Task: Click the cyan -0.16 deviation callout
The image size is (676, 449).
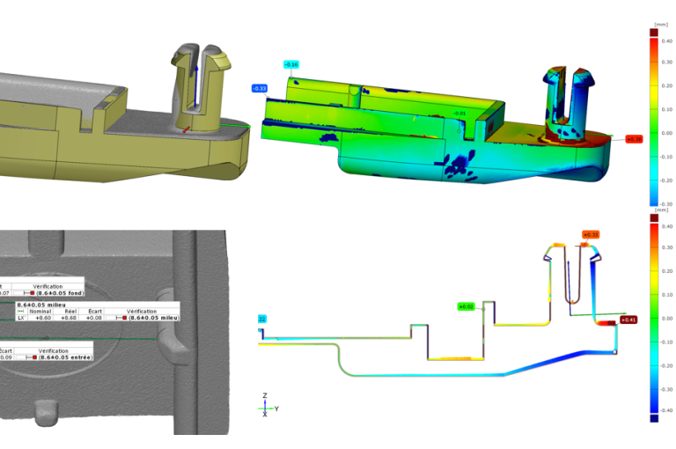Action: click(x=291, y=64)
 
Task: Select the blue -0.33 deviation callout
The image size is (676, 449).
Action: click(x=260, y=89)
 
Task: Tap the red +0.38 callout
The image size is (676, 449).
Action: click(x=634, y=139)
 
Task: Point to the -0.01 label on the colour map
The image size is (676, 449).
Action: click(x=459, y=114)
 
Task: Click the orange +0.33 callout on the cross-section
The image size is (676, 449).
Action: click(x=590, y=235)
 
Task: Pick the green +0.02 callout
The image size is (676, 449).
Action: click(x=466, y=306)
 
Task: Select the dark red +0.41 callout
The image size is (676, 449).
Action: click(x=628, y=320)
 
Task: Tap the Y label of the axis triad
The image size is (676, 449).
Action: click(x=277, y=409)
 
